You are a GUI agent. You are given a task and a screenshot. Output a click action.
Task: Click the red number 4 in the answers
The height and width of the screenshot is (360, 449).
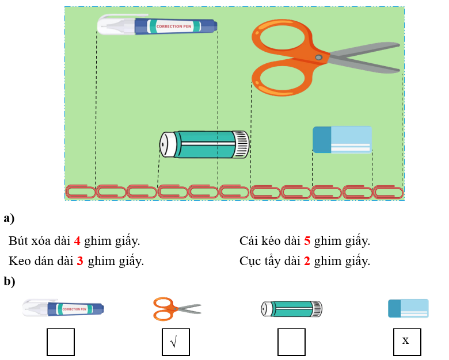77,241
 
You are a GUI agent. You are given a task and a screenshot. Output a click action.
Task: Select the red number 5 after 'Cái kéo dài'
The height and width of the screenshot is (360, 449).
307,241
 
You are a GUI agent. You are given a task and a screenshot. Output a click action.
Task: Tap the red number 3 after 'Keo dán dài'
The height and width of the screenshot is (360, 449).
80,261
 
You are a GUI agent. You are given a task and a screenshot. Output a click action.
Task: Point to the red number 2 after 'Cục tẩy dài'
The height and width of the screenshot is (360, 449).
307,261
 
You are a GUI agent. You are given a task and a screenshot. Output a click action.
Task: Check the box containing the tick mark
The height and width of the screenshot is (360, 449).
176,342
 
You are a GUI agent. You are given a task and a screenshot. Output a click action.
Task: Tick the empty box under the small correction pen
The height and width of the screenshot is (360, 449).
60,342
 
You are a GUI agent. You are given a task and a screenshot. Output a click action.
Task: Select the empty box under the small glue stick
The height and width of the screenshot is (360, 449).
291,342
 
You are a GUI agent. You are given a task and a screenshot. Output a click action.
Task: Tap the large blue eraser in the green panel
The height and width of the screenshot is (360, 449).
342,140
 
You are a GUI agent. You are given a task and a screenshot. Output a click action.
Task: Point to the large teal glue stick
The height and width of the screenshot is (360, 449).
204,144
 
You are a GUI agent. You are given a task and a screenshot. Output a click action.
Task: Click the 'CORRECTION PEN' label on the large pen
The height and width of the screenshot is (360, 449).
174,26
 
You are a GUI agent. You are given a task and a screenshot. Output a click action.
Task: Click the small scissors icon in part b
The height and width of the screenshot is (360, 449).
177,309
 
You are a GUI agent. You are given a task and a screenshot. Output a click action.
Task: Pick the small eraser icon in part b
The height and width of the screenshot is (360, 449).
408,308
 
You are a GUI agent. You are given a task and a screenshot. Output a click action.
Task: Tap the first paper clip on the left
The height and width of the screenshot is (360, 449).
81,191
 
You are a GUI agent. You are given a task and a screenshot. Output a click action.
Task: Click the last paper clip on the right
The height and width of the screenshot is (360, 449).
388,191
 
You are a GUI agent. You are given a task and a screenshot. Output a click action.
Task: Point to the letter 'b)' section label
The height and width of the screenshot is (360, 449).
9,281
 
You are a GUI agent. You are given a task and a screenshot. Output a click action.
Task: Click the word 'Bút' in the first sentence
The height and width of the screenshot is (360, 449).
18,241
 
